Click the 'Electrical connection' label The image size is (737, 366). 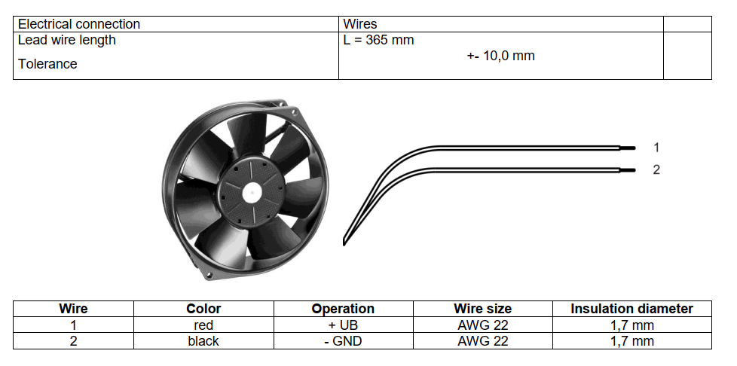(79, 24)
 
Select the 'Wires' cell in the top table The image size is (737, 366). (360, 24)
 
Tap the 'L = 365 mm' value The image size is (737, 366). (378, 40)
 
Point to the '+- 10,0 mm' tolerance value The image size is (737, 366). (500, 56)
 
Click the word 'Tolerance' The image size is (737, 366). (47, 64)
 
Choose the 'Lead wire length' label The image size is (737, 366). (67, 41)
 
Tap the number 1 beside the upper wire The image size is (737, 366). (656, 148)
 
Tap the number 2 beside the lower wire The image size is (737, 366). (656, 169)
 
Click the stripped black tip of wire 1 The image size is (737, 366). (628, 148)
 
